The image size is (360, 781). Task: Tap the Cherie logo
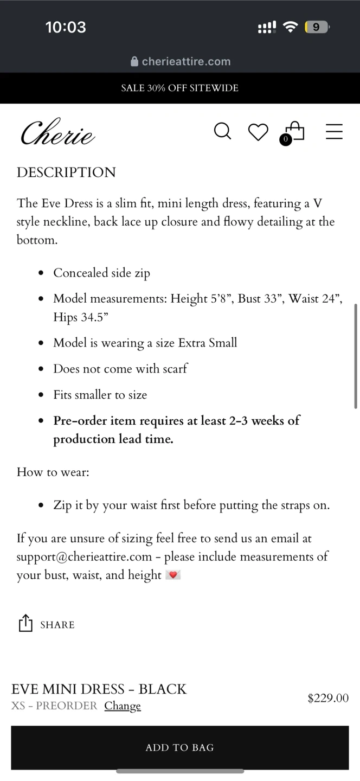point(57,132)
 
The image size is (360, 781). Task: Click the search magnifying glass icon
point(222,131)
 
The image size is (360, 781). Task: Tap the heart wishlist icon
point(258,132)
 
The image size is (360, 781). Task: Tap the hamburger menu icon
point(334,132)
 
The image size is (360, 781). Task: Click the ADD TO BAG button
point(179,747)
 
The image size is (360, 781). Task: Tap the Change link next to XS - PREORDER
point(123,706)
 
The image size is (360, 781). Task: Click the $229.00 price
point(327,698)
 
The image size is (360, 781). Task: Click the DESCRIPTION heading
point(66,172)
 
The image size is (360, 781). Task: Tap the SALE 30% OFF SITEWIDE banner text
point(179,88)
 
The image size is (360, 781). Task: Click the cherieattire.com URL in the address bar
point(185,61)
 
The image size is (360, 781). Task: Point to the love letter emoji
point(173,575)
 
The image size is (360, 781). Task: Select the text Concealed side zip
point(101,273)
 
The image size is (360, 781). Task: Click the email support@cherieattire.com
point(84,556)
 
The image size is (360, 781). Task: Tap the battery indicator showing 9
point(317,27)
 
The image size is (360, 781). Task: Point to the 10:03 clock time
point(66,27)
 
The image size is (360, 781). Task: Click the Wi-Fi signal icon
point(291,27)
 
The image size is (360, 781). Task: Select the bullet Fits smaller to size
point(100,395)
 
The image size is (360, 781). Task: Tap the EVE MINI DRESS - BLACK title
point(99,689)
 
